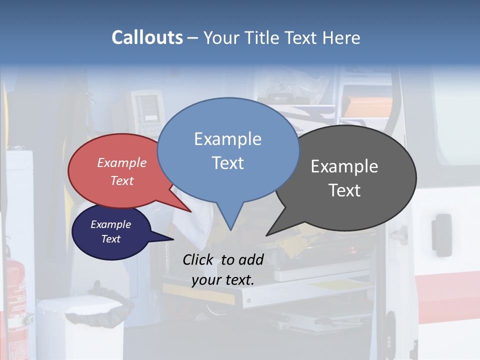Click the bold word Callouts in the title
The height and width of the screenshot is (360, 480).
[147, 37]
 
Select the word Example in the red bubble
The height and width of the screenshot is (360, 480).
[121, 162]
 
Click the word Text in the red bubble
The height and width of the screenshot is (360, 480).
[121, 180]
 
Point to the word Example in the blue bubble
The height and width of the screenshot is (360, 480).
[227, 139]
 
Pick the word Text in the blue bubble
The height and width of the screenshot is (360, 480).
[227, 163]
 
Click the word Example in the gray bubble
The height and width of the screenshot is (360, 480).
[344, 166]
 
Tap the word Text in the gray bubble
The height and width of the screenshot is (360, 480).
[344, 190]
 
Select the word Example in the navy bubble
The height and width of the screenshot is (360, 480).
[110, 224]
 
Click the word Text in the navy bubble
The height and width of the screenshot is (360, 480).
[110, 239]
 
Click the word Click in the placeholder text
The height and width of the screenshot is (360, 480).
[198, 259]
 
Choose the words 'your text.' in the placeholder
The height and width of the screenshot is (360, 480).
[222, 280]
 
